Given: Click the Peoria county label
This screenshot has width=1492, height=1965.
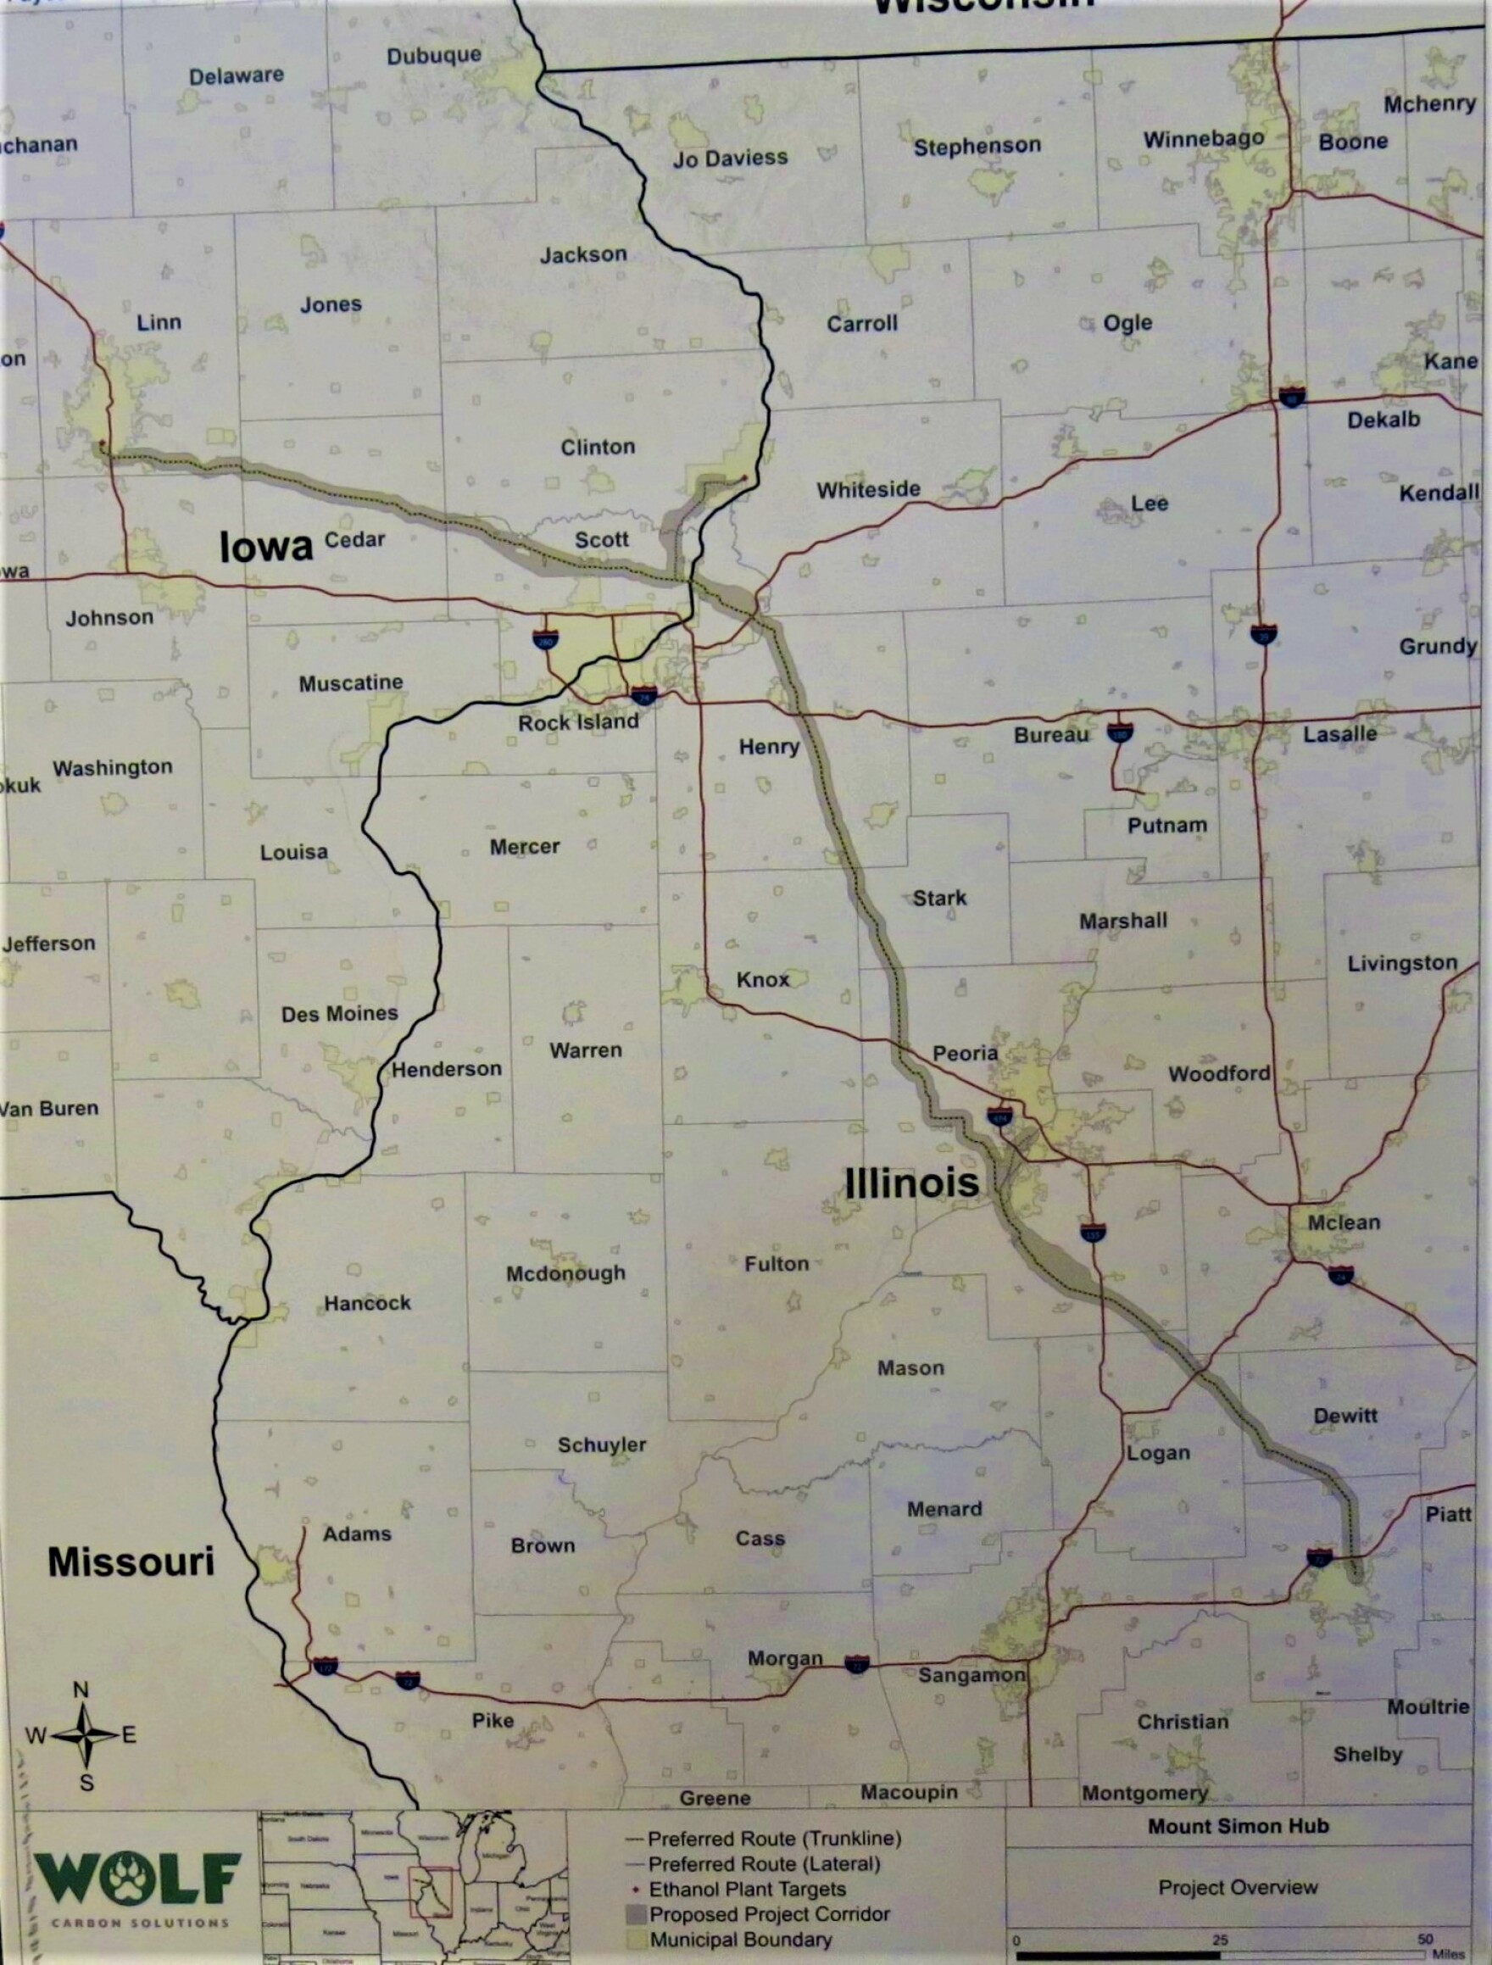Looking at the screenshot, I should (965, 1053).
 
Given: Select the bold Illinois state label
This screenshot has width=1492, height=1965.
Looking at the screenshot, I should (912, 1183).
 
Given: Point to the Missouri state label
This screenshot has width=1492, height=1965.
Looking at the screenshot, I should (131, 1561).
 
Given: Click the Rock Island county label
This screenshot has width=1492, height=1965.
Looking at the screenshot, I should (578, 722).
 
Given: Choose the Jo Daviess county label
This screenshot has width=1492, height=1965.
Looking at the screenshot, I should (730, 159).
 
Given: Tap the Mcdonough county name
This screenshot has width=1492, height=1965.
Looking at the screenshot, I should (565, 1273).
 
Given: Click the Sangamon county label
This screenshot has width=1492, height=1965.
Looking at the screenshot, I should (971, 1674).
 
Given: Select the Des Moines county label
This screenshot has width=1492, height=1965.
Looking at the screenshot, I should (339, 1014).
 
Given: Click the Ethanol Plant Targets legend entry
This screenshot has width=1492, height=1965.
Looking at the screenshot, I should (747, 1890).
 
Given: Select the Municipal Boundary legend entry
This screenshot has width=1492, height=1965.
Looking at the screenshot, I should (741, 1940).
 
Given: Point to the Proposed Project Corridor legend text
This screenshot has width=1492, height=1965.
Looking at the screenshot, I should (769, 1914).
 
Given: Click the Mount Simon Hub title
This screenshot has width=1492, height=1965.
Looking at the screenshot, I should (1238, 1827).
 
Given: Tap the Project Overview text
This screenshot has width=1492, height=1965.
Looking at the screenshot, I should (1238, 1887).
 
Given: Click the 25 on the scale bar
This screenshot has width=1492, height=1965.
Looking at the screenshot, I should (1220, 1940).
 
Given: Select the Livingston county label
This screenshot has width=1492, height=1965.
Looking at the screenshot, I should (1402, 963).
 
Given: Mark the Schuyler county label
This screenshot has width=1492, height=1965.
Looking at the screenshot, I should (601, 1445).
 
